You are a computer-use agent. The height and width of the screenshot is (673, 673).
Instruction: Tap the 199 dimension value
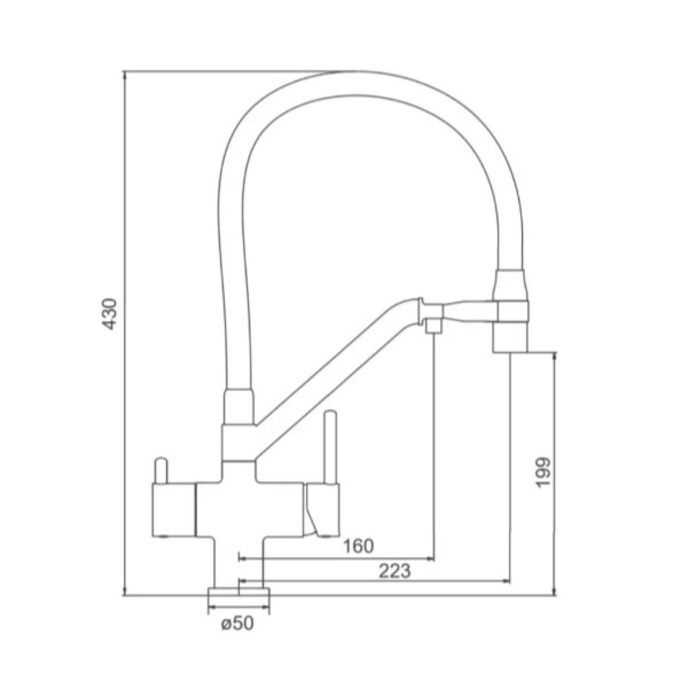[543, 472]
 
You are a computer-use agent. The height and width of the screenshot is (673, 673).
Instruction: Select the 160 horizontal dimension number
[359, 546]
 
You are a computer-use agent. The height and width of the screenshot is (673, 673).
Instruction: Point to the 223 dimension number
[394, 571]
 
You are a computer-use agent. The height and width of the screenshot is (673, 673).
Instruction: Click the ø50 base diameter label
[238, 623]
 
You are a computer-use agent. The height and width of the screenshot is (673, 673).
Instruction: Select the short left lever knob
[162, 470]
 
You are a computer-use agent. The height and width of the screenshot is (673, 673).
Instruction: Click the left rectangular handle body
[174, 510]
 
